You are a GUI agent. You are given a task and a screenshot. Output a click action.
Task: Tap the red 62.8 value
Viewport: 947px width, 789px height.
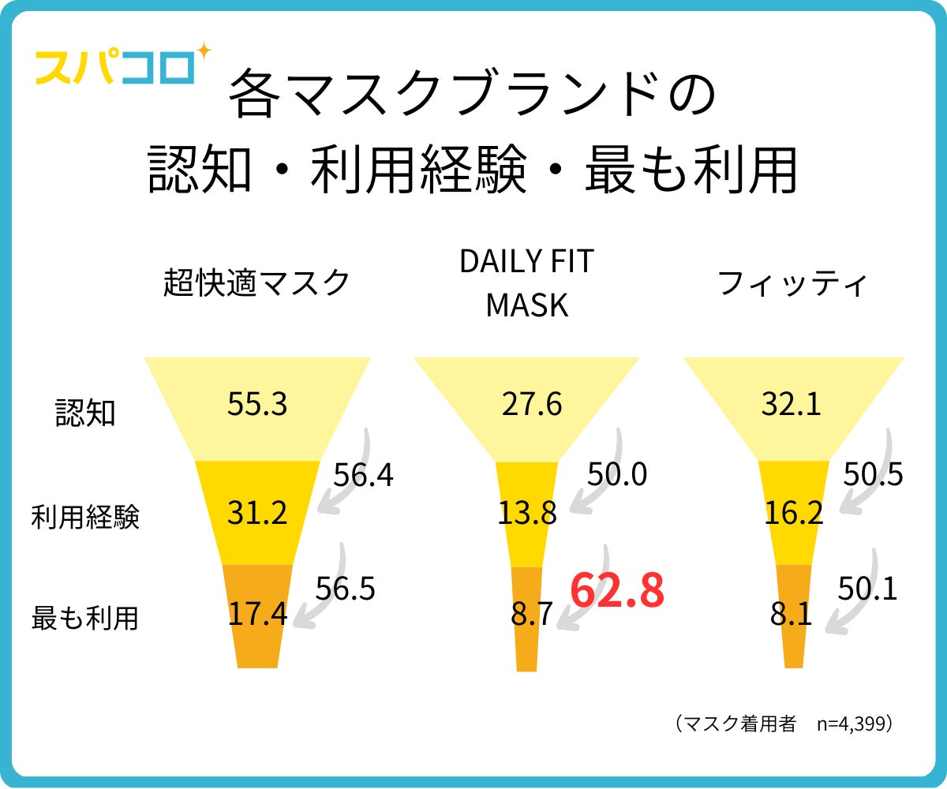click(617, 591)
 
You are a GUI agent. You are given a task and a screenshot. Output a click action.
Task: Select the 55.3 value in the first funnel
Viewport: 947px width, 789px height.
click(257, 405)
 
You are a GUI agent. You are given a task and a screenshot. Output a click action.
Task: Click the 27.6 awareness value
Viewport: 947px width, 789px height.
click(532, 405)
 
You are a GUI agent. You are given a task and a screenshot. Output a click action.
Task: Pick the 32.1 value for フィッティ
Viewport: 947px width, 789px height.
click(792, 405)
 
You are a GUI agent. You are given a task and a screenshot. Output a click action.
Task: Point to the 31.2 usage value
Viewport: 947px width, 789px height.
click(257, 514)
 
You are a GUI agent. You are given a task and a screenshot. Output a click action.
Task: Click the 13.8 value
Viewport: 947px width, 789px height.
click(527, 514)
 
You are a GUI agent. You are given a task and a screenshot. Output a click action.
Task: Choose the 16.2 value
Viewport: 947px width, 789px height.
click(794, 514)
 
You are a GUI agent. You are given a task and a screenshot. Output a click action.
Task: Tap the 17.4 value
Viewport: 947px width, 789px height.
click(257, 614)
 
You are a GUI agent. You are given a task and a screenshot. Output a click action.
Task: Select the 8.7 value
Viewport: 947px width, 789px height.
click(532, 614)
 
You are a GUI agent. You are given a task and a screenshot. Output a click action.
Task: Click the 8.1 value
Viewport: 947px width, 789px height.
click(792, 614)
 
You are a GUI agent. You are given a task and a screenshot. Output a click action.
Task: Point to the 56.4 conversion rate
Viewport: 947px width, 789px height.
click(363, 476)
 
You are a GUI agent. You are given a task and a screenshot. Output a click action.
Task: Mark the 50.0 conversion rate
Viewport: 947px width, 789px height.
click(617, 474)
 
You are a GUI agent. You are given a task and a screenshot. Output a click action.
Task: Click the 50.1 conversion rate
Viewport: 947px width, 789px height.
click(867, 589)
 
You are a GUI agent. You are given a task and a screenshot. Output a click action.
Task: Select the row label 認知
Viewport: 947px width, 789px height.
click(85, 413)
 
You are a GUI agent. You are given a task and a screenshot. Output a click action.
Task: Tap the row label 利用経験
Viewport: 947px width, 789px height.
click(85, 518)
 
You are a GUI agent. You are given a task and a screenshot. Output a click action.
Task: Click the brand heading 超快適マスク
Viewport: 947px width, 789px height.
click(257, 282)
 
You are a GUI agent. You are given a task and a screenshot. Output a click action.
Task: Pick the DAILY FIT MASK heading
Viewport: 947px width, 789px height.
click(526, 283)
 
